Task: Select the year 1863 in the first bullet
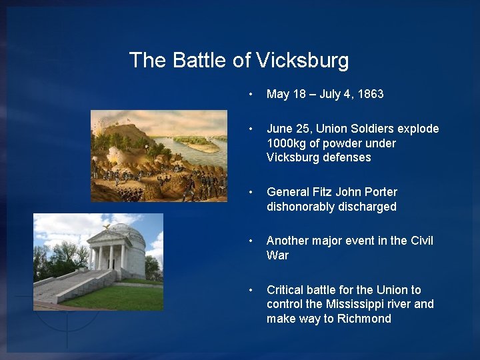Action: pyautogui.click(x=370, y=94)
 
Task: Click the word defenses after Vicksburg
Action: pyautogui.click(x=347, y=158)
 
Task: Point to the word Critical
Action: pyautogui.click(x=286, y=290)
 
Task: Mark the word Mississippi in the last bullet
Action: pyautogui.click(x=353, y=304)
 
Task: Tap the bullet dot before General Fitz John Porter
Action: pyautogui.click(x=250, y=192)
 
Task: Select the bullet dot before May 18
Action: pyautogui.click(x=250, y=94)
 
